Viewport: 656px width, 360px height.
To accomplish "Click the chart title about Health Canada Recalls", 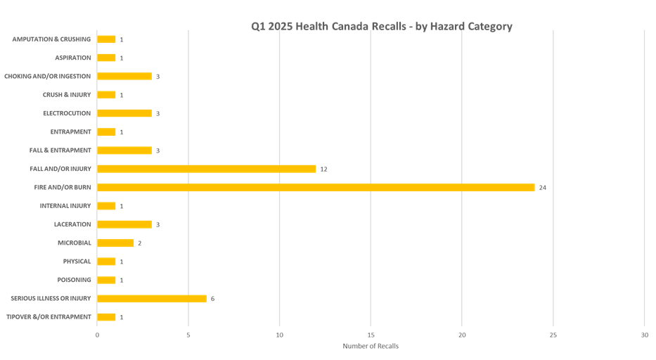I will (x=382, y=27).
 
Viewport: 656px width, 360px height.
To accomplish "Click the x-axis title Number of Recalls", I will (x=370, y=346).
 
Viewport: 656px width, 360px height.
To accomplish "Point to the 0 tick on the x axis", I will (x=97, y=336).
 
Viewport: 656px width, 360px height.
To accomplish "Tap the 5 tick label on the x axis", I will (x=188, y=336).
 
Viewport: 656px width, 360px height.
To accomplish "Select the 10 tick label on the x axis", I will (x=279, y=336).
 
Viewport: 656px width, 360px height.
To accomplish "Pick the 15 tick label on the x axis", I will (x=371, y=336).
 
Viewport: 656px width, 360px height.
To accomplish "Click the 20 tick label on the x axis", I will (x=462, y=336).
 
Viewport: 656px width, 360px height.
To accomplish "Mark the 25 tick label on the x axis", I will (x=553, y=336).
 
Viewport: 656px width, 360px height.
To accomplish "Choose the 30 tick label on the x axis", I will (x=644, y=336).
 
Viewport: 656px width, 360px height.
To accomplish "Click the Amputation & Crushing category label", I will (x=51, y=39).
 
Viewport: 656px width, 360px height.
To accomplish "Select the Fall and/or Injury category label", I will (x=60, y=169).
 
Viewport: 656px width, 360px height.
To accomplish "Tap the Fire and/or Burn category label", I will (x=63, y=188).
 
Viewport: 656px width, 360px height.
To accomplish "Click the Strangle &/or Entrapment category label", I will (x=49, y=316).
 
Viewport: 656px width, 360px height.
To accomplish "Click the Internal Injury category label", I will (x=65, y=206).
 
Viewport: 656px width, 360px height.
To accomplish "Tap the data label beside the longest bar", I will (x=542, y=188).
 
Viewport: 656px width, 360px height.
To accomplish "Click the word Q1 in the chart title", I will (x=257, y=27).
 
